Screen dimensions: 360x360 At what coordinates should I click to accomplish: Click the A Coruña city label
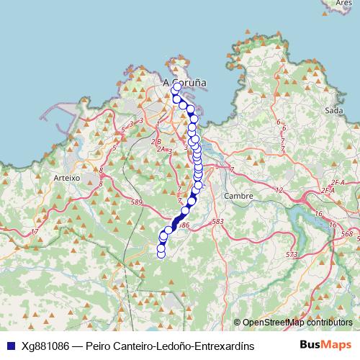(x=185, y=82)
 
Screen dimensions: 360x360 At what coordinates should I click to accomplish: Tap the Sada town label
(x=333, y=110)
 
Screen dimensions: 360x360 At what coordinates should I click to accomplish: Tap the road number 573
(x=291, y=255)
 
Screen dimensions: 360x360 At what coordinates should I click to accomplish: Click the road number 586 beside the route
(x=184, y=225)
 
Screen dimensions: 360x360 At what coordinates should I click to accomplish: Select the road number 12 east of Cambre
(x=279, y=190)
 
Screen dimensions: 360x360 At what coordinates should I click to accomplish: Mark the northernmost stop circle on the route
(x=178, y=87)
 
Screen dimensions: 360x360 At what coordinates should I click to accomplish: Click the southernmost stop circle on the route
(x=161, y=253)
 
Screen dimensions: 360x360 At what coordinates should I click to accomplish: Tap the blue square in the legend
(x=9, y=346)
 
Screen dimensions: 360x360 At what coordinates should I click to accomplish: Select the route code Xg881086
(x=46, y=346)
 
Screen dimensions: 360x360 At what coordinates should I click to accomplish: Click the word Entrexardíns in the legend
(x=224, y=346)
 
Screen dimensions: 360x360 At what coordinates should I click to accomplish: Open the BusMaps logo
(x=325, y=345)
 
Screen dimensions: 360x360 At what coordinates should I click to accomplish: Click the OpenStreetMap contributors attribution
(x=297, y=323)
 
